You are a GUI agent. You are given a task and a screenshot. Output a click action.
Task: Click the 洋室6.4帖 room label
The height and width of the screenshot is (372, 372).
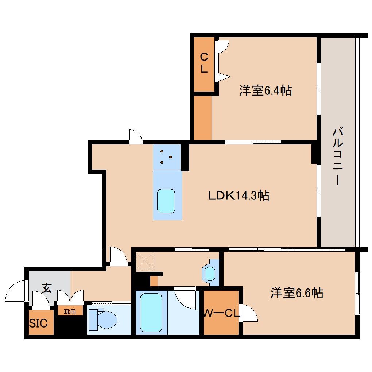(x=265, y=90)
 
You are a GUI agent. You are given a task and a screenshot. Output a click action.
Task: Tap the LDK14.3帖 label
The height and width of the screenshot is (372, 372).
(x=239, y=196)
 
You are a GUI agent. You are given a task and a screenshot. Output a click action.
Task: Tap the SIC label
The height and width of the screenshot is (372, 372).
(x=38, y=323)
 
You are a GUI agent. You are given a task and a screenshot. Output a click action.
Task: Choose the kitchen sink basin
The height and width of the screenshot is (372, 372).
(x=166, y=201)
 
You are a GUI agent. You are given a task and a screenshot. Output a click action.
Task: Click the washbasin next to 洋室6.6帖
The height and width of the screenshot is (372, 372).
(x=210, y=273)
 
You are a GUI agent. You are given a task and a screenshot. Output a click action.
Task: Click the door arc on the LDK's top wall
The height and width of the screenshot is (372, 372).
(x=136, y=135)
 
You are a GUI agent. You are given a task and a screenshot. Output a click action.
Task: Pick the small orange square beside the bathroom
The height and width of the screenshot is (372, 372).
(x=154, y=281)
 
